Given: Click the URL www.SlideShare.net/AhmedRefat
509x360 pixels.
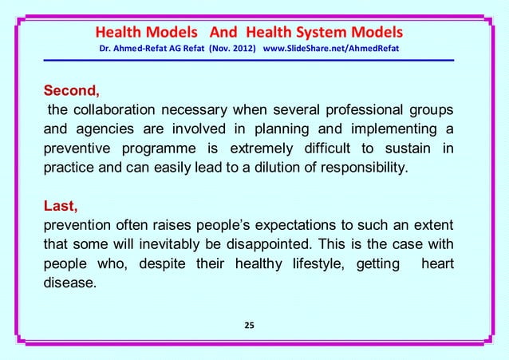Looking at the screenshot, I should tap(331, 51).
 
